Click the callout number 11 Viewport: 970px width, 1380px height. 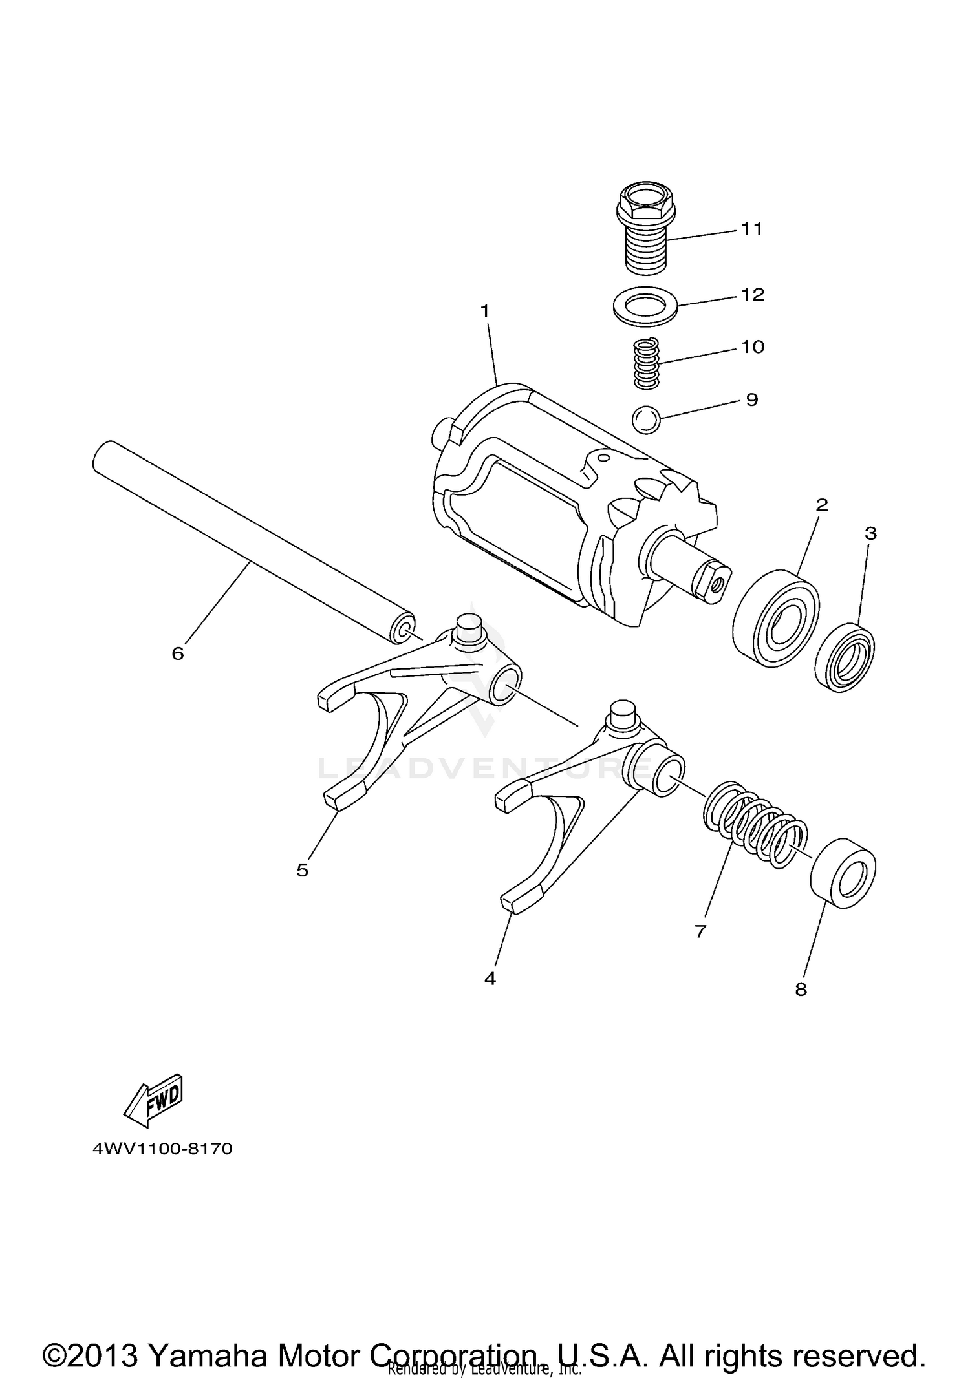click(x=751, y=229)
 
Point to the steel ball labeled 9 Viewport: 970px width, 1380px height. click(x=646, y=419)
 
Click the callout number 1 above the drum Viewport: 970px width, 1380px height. click(x=485, y=311)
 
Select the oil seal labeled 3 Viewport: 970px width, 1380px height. click(x=845, y=657)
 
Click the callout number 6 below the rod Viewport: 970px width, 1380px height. click(x=178, y=653)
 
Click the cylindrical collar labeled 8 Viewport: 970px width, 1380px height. click(x=843, y=873)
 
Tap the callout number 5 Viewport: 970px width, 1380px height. click(x=303, y=870)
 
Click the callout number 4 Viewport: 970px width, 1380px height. click(x=490, y=979)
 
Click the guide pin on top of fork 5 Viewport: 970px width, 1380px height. click(x=469, y=628)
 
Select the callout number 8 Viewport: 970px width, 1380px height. click(x=801, y=989)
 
